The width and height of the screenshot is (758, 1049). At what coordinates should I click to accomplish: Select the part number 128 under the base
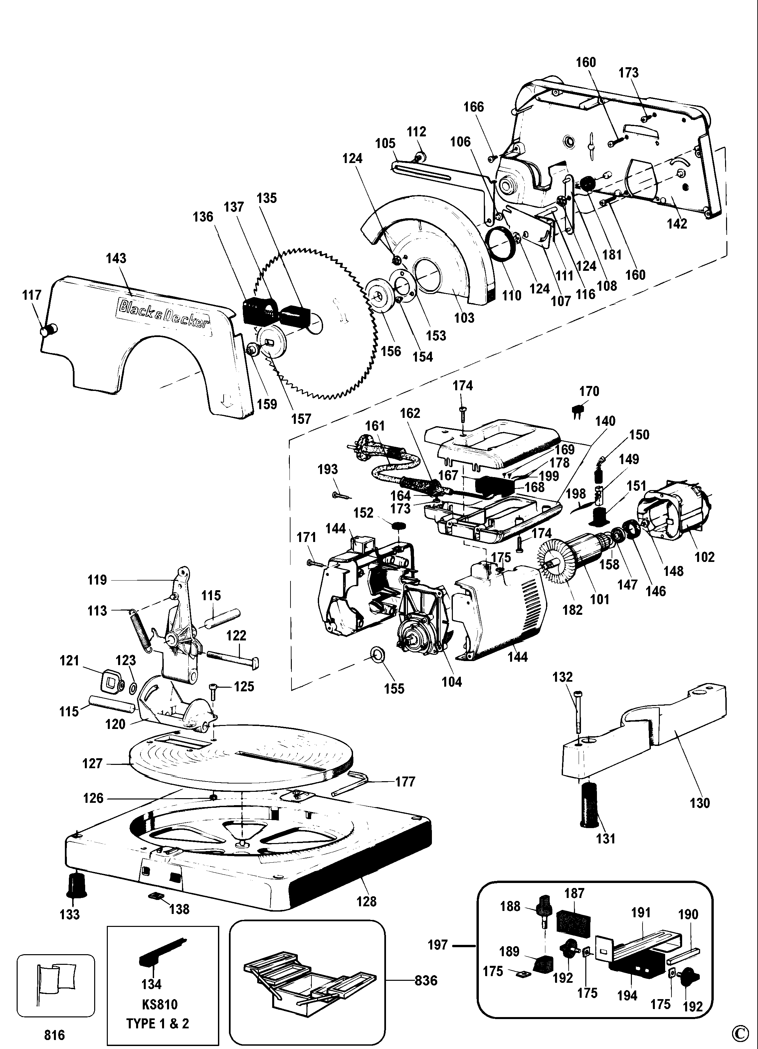coord(366,901)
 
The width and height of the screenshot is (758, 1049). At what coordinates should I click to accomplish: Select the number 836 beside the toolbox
coord(426,980)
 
